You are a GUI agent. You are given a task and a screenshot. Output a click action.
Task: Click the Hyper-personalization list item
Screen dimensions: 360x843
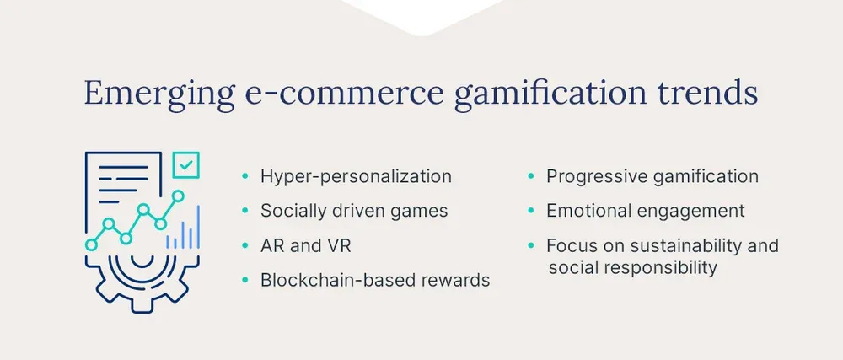356,176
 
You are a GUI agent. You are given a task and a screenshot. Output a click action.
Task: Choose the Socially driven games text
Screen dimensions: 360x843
354,211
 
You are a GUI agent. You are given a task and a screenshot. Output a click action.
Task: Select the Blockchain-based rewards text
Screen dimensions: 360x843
375,280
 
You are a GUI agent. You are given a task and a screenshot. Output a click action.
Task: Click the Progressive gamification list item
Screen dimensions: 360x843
652,176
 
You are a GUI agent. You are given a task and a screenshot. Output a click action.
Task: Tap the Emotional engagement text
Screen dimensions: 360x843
645,211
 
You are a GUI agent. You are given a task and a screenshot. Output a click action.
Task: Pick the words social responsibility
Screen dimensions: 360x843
632,268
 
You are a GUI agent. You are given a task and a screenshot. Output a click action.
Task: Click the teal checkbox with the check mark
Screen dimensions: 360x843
185,164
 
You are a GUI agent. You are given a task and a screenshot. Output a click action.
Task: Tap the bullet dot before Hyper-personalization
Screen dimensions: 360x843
245,177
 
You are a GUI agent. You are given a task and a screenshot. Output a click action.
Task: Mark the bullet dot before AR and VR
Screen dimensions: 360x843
245,246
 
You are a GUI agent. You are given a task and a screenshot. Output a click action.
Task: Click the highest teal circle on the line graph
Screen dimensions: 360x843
177,196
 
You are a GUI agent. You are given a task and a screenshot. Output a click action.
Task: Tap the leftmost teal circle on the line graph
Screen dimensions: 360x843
91,244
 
